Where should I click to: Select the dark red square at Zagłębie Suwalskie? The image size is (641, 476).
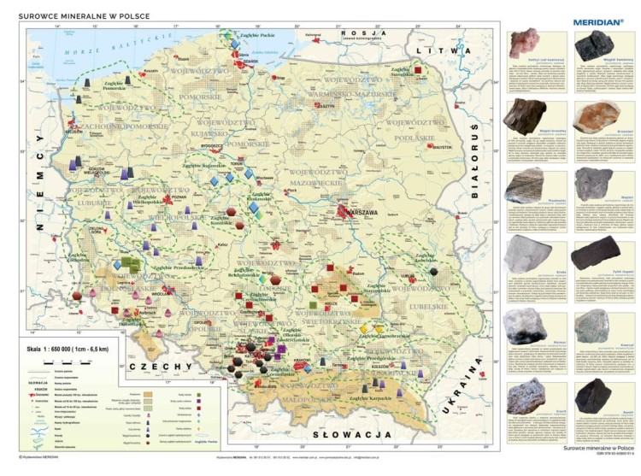(x=418, y=71)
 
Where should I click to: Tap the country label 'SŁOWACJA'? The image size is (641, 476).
(x=352, y=435)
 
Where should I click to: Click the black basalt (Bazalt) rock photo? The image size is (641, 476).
(x=593, y=394)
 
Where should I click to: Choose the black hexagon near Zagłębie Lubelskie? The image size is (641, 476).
(x=434, y=271)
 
